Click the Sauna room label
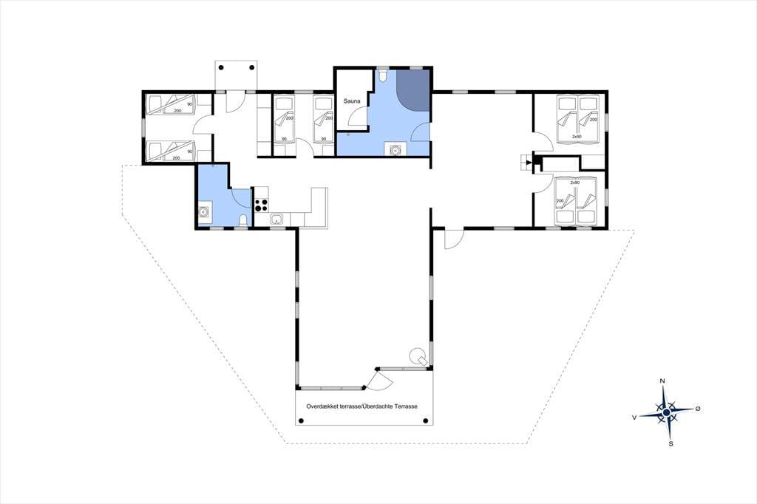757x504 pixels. pos(352,101)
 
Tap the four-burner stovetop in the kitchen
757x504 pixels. pos(261,205)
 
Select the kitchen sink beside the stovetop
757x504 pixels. pos(276,219)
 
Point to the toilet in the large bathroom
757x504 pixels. pos(382,76)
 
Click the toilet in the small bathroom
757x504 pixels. pos(244,221)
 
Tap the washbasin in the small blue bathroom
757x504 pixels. pos(204,211)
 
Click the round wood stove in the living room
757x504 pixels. pos(417,356)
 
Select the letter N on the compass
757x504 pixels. pos(662,381)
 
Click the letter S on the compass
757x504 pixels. pos(671,443)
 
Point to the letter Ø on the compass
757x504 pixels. pos(698,409)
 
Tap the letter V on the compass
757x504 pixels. pos(634,417)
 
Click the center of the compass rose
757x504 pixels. pos(666,412)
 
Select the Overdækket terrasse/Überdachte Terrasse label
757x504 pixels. pos(361,406)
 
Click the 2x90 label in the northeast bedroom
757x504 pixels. pos(577,137)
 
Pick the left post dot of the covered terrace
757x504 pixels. pos(302,421)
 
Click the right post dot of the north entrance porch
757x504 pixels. pos(252,67)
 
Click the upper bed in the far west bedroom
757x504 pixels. pos(171,105)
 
